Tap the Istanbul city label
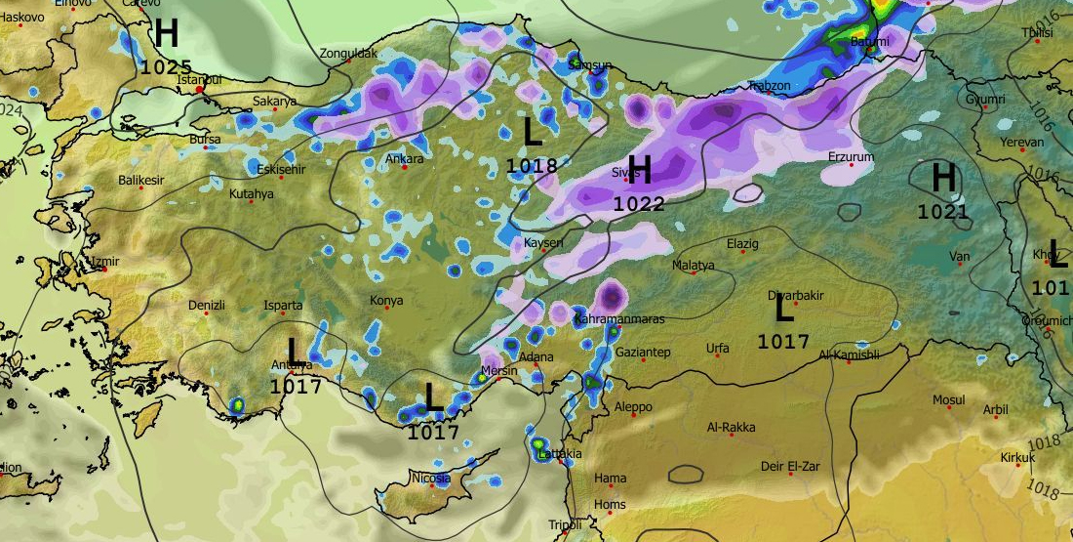click(x=201, y=79)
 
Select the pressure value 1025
click(x=166, y=67)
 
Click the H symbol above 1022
click(x=639, y=170)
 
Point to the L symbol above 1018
click(x=533, y=132)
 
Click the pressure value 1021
click(x=942, y=212)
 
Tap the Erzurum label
click(x=851, y=156)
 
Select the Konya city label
click(x=386, y=301)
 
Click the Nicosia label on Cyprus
click(x=429, y=479)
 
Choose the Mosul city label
click(x=948, y=400)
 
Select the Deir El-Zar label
click(x=790, y=467)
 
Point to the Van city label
click(x=960, y=257)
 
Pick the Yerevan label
click(x=1021, y=143)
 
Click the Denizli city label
click(x=206, y=306)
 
